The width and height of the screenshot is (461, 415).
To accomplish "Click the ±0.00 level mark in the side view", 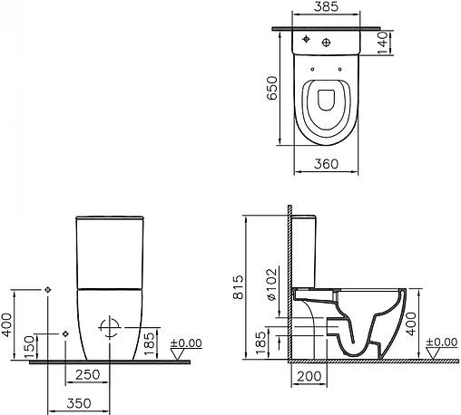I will (442, 343).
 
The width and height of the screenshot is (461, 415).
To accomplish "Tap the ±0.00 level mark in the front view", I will (189, 343).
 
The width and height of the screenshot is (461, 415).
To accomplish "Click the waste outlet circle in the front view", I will (108, 327).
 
